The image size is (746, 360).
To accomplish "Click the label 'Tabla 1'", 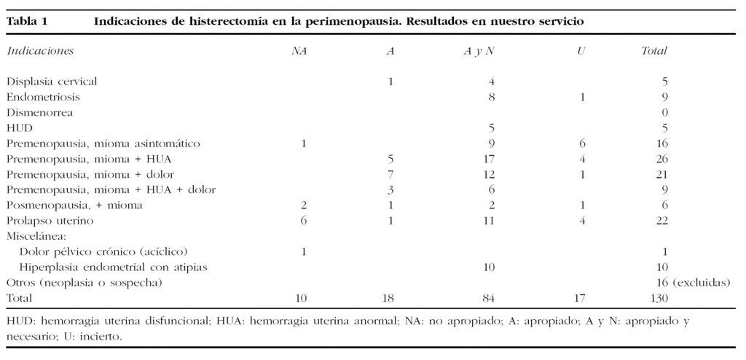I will [x=27, y=21].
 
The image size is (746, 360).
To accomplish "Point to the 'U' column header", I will [x=581, y=51].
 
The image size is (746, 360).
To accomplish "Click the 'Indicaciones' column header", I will [x=40, y=51].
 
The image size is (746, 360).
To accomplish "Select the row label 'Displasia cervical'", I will [x=52, y=82].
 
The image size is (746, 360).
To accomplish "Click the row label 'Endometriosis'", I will [x=43, y=97].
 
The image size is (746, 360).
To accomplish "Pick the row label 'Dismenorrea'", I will [x=40, y=112].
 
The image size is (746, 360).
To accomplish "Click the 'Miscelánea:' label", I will [x=36, y=236].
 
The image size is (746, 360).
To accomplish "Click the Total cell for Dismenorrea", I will [x=664, y=112].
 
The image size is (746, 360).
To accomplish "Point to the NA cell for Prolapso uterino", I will [x=302, y=221].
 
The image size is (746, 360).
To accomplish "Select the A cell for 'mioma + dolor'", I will [x=390, y=174].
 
